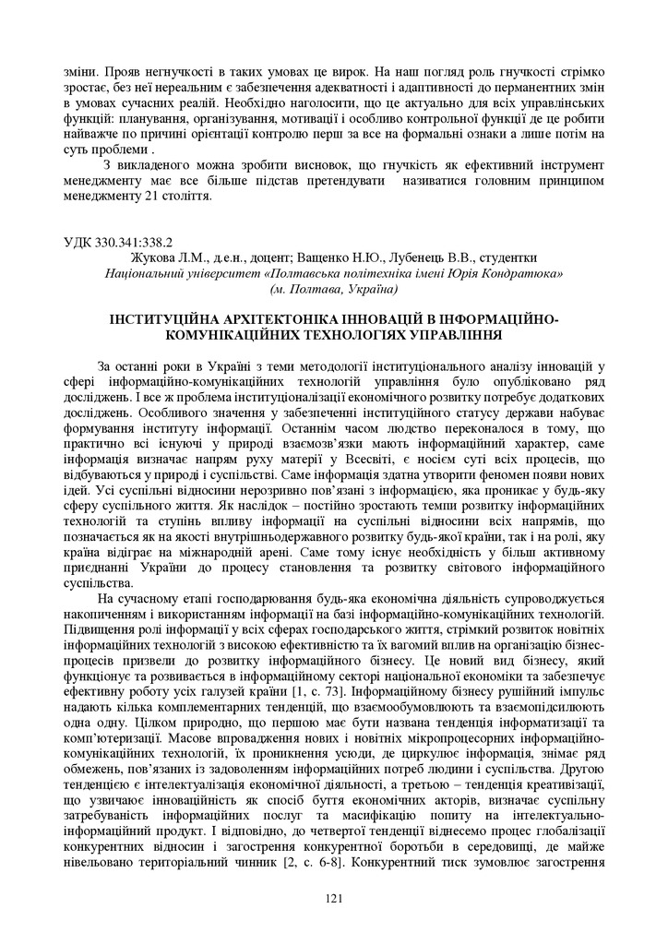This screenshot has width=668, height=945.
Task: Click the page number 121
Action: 334,900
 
